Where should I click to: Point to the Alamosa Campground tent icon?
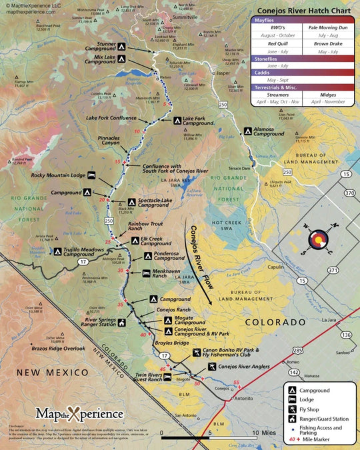click(x=247, y=132)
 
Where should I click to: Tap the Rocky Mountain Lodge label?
click(x=58, y=176)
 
